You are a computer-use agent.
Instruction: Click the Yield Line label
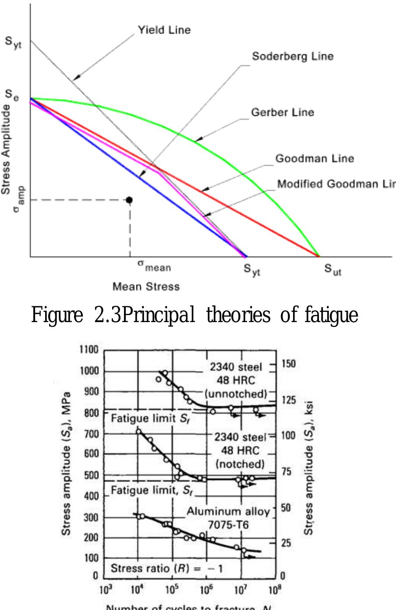[164, 30]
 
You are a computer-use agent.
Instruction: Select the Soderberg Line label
[293, 57]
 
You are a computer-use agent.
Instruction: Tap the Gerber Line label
[283, 112]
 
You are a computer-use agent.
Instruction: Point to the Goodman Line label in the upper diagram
[315, 158]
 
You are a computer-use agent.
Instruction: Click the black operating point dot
[129, 200]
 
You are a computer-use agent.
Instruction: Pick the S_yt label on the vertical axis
[14, 44]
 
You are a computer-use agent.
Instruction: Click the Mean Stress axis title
[146, 287]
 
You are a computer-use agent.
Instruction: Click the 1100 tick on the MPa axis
[89, 350]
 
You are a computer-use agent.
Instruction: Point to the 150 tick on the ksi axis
[289, 364]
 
